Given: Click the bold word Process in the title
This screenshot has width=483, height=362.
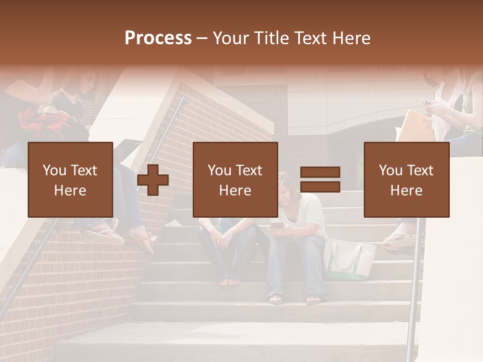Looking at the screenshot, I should (158, 38).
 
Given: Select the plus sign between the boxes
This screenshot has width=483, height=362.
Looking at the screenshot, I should (153, 180).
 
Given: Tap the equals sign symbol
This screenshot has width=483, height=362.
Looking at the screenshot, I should (320, 179).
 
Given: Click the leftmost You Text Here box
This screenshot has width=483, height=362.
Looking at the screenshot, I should (70, 179).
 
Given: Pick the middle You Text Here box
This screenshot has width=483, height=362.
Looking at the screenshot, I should (235, 179).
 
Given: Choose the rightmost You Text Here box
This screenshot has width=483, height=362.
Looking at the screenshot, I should (407, 179).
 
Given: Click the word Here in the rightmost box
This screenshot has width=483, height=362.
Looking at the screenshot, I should (407, 191).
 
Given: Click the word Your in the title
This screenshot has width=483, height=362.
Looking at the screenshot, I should (231, 38).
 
